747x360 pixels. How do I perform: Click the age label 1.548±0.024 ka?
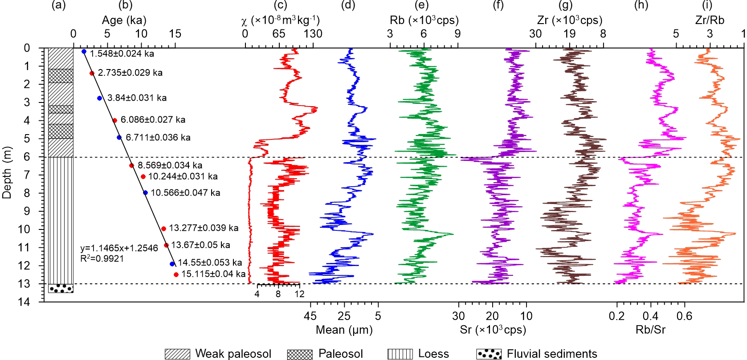pyautogui.click(x=122, y=54)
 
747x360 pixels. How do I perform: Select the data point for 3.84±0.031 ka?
pyautogui.click(x=99, y=98)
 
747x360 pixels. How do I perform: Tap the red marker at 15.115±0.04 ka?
pyautogui.click(x=176, y=274)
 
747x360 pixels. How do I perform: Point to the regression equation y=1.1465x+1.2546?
pyautogui.click(x=119, y=248)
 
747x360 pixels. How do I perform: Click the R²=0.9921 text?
pyautogui.click(x=102, y=258)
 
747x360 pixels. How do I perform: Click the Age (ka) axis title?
pyautogui.click(x=124, y=20)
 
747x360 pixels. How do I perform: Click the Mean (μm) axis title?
pyautogui.click(x=344, y=330)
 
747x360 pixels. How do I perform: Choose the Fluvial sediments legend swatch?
pyautogui.click(x=489, y=354)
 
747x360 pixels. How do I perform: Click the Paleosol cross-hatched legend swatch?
pyautogui.click(x=300, y=354)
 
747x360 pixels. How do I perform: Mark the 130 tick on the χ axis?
pyautogui.click(x=313, y=34)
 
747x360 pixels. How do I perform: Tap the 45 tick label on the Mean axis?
pyautogui.click(x=310, y=316)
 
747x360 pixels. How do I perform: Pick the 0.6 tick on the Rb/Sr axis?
pyautogui.click(x=685, y=316)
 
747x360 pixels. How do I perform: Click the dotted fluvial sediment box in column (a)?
pyautogui.click(x=61, y=288)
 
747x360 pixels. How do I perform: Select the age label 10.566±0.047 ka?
pyautogui.click(x=185, y=193)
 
